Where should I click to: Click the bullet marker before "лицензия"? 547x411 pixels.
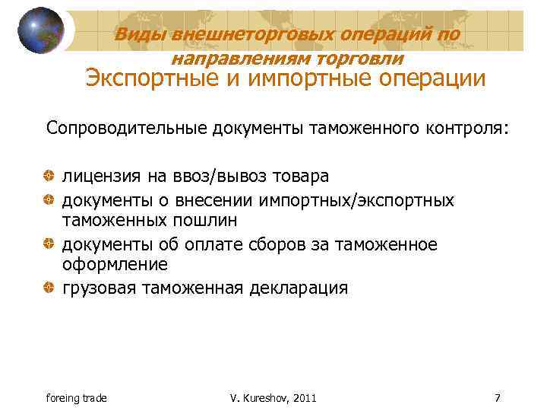pyautogui.click(x=50, y=177)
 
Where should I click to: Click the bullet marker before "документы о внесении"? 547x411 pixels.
pyautogui.click(x=50, y=199)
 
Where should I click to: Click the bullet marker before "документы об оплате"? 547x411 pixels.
pyautogui.click(x=50, y=244)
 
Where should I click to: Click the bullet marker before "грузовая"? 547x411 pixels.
pyautogui.click(x=50, y=288)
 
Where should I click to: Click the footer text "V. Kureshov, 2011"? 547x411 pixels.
pyautogui.click(x=273, y=398)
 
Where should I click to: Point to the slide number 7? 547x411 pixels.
pyautogui.click(x=497, y=397)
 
